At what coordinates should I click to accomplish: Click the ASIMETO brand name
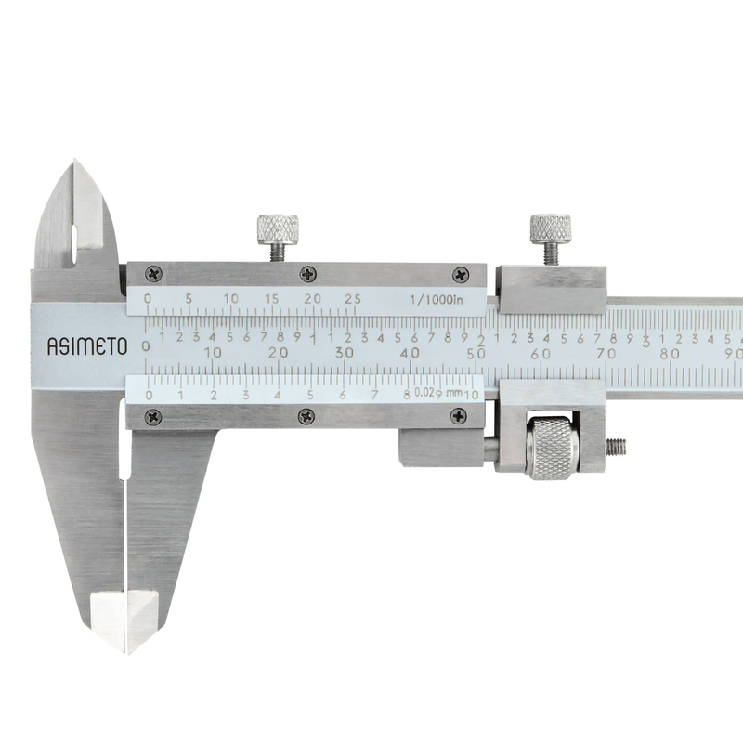[87, 346]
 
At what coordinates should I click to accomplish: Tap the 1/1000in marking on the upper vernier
[437, 299]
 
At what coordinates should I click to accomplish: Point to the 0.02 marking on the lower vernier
[424, 392]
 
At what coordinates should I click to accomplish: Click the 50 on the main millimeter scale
[476, 354]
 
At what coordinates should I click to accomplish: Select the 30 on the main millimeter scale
[345, 353]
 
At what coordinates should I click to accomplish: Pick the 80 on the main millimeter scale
[670, 354]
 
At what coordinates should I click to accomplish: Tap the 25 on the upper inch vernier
[353, 299]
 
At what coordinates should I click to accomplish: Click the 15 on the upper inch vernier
[272, 299]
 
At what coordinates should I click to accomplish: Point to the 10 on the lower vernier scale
[472, 395]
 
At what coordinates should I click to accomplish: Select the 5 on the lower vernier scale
[310, 395]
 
